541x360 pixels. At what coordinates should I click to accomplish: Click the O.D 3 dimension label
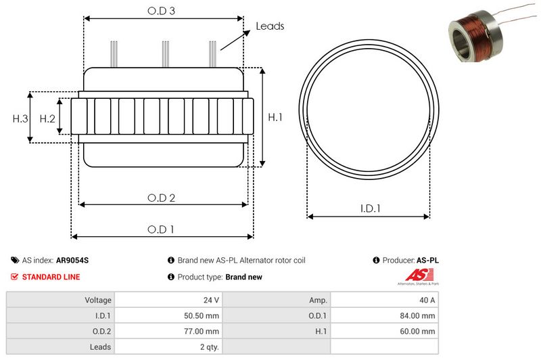(x=161, y=11)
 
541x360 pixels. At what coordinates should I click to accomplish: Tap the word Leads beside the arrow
(x=270, y=26)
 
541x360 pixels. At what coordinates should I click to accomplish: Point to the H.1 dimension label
(x=275, y=117)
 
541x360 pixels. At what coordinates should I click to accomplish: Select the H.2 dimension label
(x=47, y=118)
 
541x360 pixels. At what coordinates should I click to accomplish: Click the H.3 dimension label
(x=20, y=118)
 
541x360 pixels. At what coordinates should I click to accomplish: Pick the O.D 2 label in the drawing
(x=161, y=198)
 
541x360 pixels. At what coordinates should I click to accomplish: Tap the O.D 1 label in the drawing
(x=161, y=229)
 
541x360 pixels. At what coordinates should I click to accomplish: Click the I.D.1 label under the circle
(x=370, y=208)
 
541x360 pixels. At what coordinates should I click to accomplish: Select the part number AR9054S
(x=72, y=261)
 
